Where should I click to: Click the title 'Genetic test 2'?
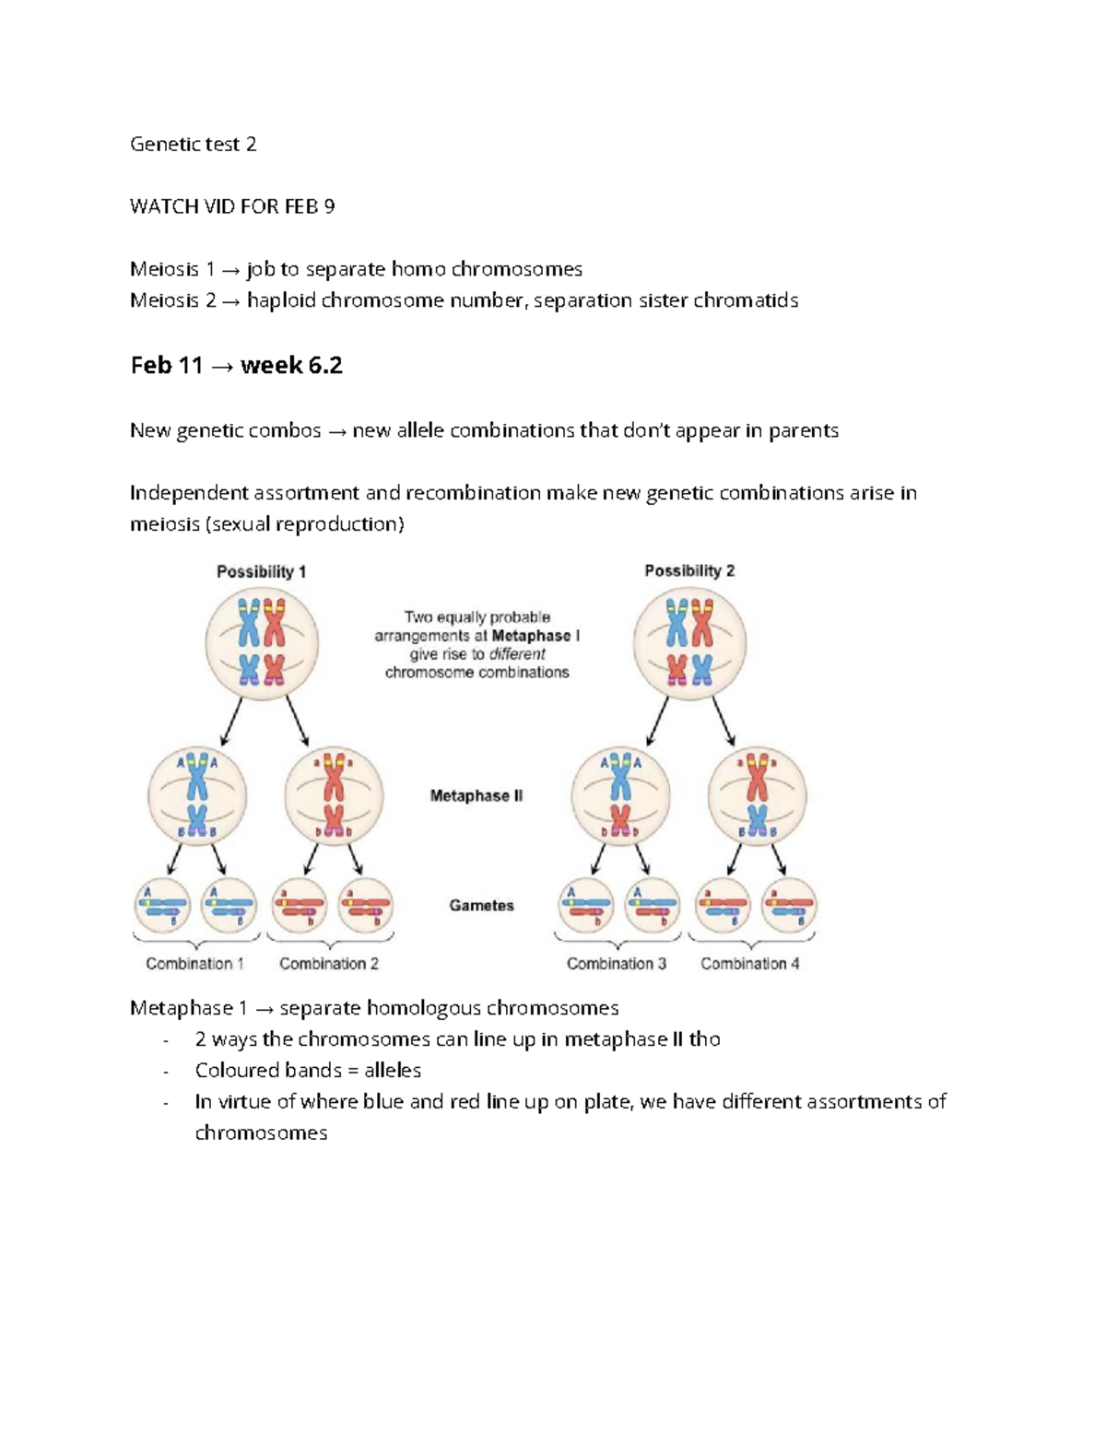coord(193,144)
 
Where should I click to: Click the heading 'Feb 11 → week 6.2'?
coord(236,366)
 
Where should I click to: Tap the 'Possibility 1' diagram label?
coord(261,571)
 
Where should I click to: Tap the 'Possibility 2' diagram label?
coord(689,570)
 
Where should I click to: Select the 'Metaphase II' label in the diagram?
coord(477,795)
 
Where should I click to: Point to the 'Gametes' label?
coord(481,905)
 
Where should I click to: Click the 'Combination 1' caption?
coord(194,963)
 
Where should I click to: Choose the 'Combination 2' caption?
coord(329,963)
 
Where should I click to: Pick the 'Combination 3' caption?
coord(617,963)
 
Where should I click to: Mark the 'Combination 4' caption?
coord(750,963)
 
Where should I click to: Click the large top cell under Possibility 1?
coord(262,643)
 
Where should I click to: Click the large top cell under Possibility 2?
coord(689,643)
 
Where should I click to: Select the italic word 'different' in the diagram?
coord(517,654)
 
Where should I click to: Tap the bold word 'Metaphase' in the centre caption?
coord(531,636)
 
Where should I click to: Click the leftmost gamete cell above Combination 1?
coord(163,905)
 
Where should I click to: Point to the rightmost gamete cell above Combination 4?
coord(789,905)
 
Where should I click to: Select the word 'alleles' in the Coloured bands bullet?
coord(393,1071)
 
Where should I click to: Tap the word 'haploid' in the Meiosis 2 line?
coord(281,300)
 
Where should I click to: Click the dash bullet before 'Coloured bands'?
coord(165,1072)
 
